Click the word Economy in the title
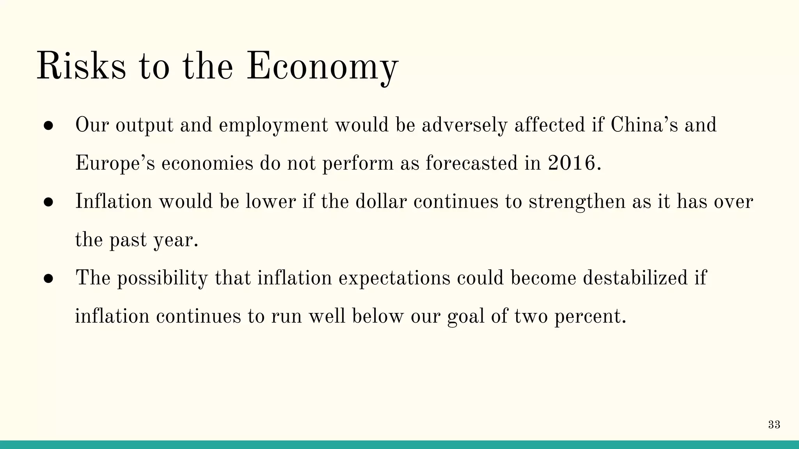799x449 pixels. [322, 67]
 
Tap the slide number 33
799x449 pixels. [774, 425]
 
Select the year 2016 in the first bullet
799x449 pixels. [572, 163]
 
